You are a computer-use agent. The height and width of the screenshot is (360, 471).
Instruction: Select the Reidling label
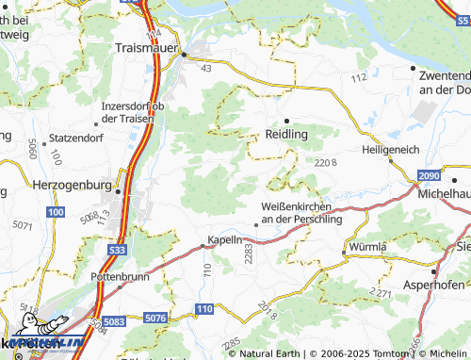tap(287, 135)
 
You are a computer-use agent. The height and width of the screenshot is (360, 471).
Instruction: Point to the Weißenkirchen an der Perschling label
tap(300, 212)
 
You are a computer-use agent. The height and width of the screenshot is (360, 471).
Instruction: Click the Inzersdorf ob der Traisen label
tap(133, 112)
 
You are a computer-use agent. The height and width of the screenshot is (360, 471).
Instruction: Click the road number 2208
tap(326, 163)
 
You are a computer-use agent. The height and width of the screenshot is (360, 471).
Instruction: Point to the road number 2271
tap(381, 294)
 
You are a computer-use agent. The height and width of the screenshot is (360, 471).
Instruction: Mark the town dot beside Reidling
tap(286, 120)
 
